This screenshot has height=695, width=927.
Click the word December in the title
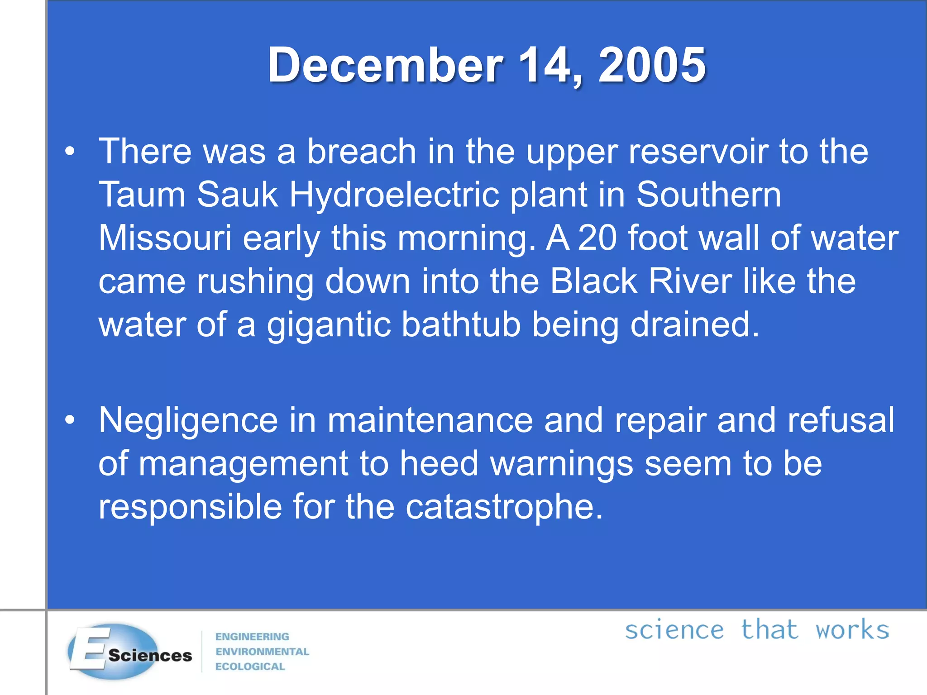pos(385,65)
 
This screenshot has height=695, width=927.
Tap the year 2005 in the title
pos(652,65)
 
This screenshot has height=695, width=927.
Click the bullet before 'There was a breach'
pos(70,151)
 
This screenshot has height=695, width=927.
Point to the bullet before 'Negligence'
pos(70,420)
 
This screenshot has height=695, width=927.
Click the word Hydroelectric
pos(394,195)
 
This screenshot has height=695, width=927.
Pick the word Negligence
pos(188,420)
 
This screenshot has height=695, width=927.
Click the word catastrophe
pos(504,507)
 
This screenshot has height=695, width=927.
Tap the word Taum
pos(142,195)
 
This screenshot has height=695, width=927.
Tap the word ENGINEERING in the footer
pos(252,637)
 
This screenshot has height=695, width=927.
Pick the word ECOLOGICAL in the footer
pos(250,666)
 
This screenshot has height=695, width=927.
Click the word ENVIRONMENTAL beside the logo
pos(262,652)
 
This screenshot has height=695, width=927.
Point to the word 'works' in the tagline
pos(852,630)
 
